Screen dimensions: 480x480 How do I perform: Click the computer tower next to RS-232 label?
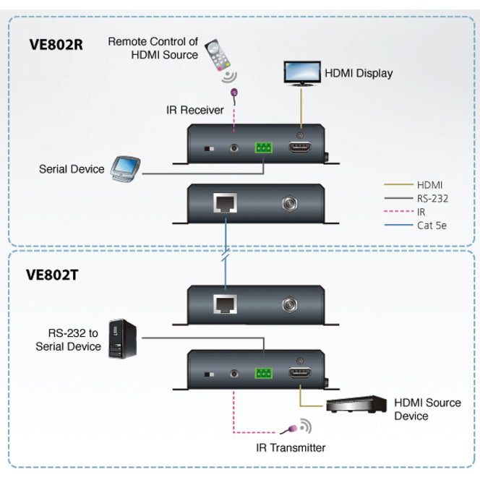pyautogui.click(x=119, y=340)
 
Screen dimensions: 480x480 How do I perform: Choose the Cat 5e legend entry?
pyautogui.click(x=431, y=226)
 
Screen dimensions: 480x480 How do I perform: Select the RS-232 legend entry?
pyautogui.click(x=431, y=198)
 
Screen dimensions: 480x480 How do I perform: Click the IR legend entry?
pyautogui.click(x=421, y=212)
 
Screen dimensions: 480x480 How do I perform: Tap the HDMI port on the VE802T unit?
pyautogui.click(x=299, y=373)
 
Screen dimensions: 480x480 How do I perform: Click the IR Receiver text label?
pyautogui.click(x=194, y=109)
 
